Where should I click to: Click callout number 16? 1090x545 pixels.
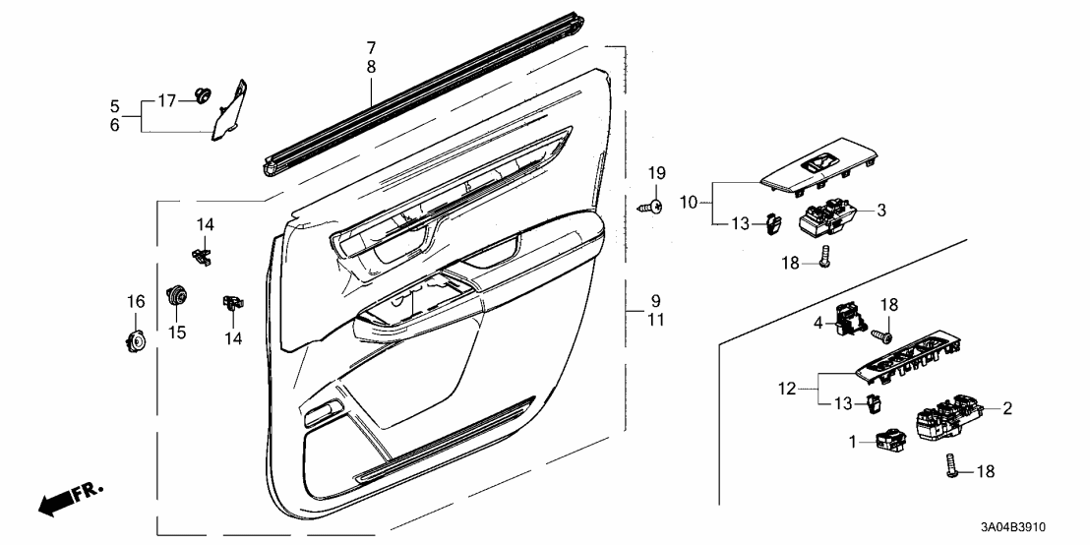(136, 300)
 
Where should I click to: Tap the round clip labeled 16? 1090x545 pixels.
(135, 341)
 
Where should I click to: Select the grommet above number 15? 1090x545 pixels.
(177, 294)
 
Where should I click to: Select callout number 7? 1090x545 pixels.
(371, 47)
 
